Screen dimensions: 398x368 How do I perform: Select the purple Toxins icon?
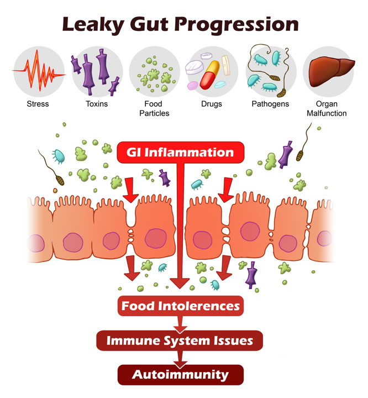pyautogui.click(x=97, y=71)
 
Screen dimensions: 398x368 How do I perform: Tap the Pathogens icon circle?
pyautogui.click(x=271, y=71)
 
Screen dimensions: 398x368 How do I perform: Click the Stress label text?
pyautogui.click(x=38, y=104)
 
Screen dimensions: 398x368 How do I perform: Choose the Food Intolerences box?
pyautogui.click(x=180, y=306)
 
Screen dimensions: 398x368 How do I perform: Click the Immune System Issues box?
pyautogui.click(x=180, y=340)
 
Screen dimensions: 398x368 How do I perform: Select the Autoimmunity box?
pyautogui.click(x=180, y=374)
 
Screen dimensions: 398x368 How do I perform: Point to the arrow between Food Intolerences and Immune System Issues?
pyautogui.click(x=179, y=323)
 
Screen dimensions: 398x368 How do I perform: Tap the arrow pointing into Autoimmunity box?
pyautogui.click(x=179, y=358)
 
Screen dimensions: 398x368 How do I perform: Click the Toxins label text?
pyautogui.click(x=97, y=104)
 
